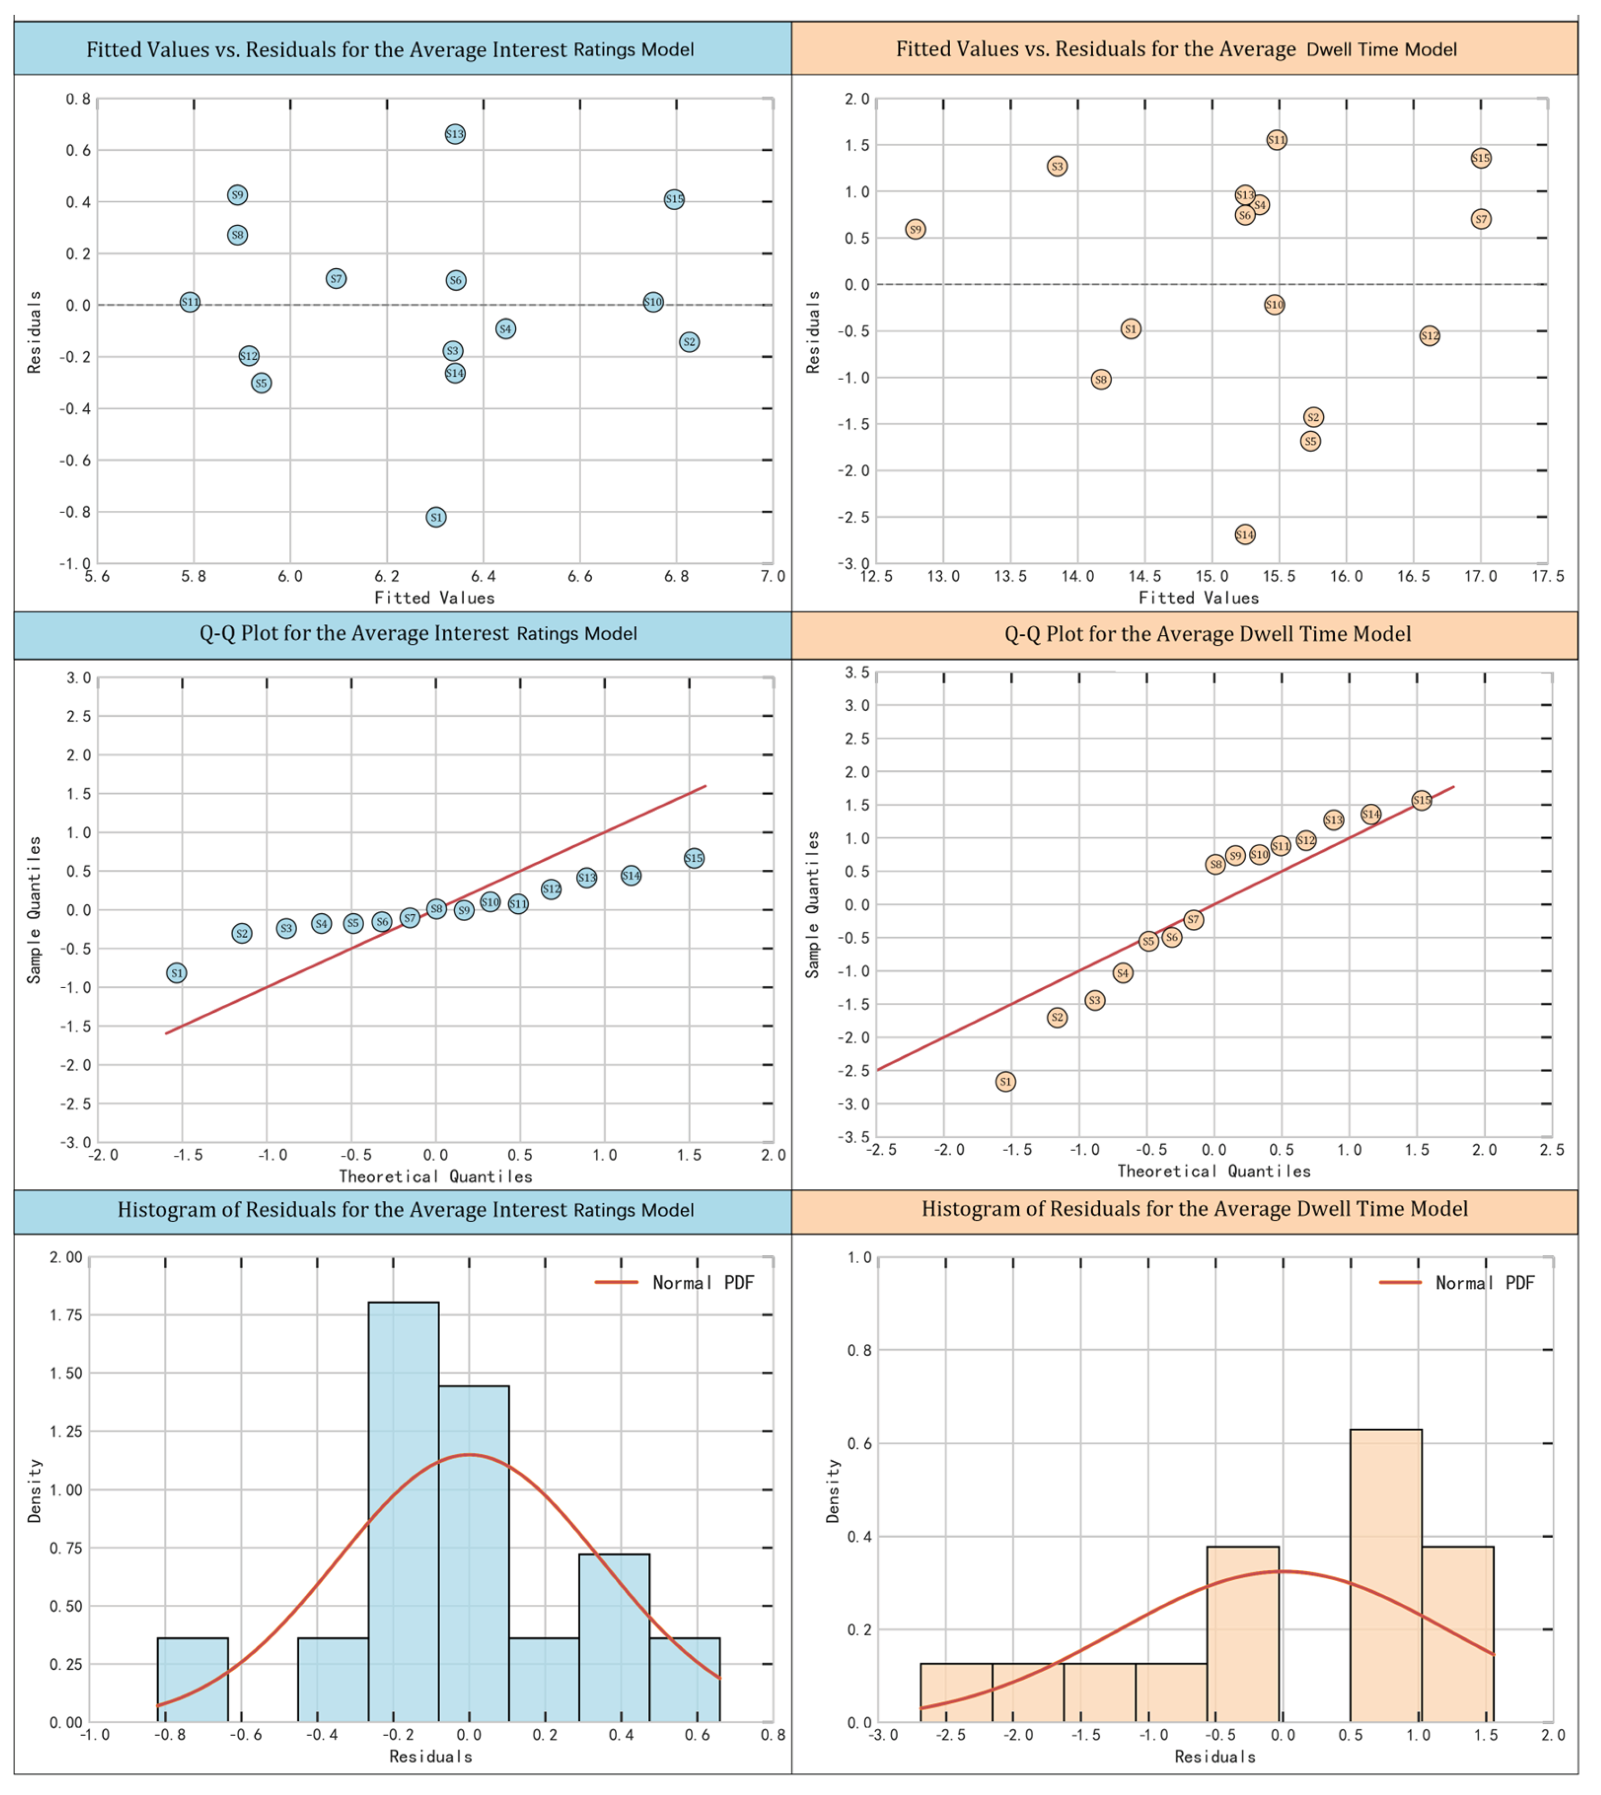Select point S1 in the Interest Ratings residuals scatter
pyautogui.click(x=435, y=517)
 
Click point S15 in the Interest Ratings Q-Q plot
pyautogui.click(x=693, y=858)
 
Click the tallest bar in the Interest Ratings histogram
pyautogui.click(x=403, y=1513)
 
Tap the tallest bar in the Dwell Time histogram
pyautogui.click(x=1386, y=1574)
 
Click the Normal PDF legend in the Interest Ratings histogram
pyautogui.click(x=677, y=1282)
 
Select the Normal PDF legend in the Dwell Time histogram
pyautogui.click(x=1460, y=1282)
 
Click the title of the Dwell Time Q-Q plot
pyautogui.click(x=1207, y=634)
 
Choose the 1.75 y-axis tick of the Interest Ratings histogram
pyautogui.click(x=65, y=1315)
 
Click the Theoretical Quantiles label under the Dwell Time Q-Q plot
pyautogui.click(x=1213, y=1170)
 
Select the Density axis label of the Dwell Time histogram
pyautogui.click(x=832, y=1491)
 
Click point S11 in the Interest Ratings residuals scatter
pyautogui.click(x=190, y=302)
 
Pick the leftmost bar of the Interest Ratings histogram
pyautogui.click(x=193, y=1680)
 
